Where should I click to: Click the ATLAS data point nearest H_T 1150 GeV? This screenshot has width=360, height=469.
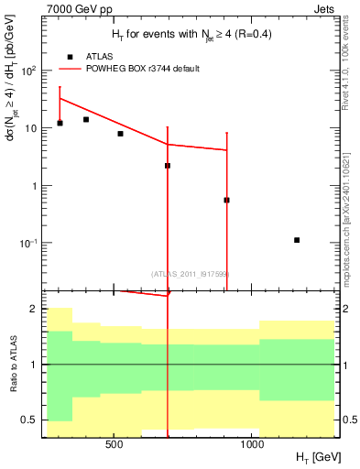pyautogui.click(x=297, y=240)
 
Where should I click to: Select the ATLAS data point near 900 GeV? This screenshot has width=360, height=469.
pyautogui.click(x=226, y=200)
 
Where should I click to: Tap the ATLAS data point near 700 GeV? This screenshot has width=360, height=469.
pyautogui.click(x=168, y=166)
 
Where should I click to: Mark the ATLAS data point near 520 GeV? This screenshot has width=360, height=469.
pyautogui.click(x=120, y=134)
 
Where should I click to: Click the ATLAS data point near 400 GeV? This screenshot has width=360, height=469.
pyautogui.click(x=86, y=119)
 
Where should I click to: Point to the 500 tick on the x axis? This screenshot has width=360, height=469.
pyautogui.click(x=115, y=443)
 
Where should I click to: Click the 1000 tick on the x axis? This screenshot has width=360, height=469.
pyautogui.click(x=252, y=443)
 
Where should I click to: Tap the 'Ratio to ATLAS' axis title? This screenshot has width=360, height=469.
pyautogui.click(x=12, y=364)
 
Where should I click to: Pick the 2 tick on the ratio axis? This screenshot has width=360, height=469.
pyautogui.click(x=35, y=309)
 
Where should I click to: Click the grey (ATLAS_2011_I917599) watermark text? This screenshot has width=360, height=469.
pyautogui.click(x=190, y=273)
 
